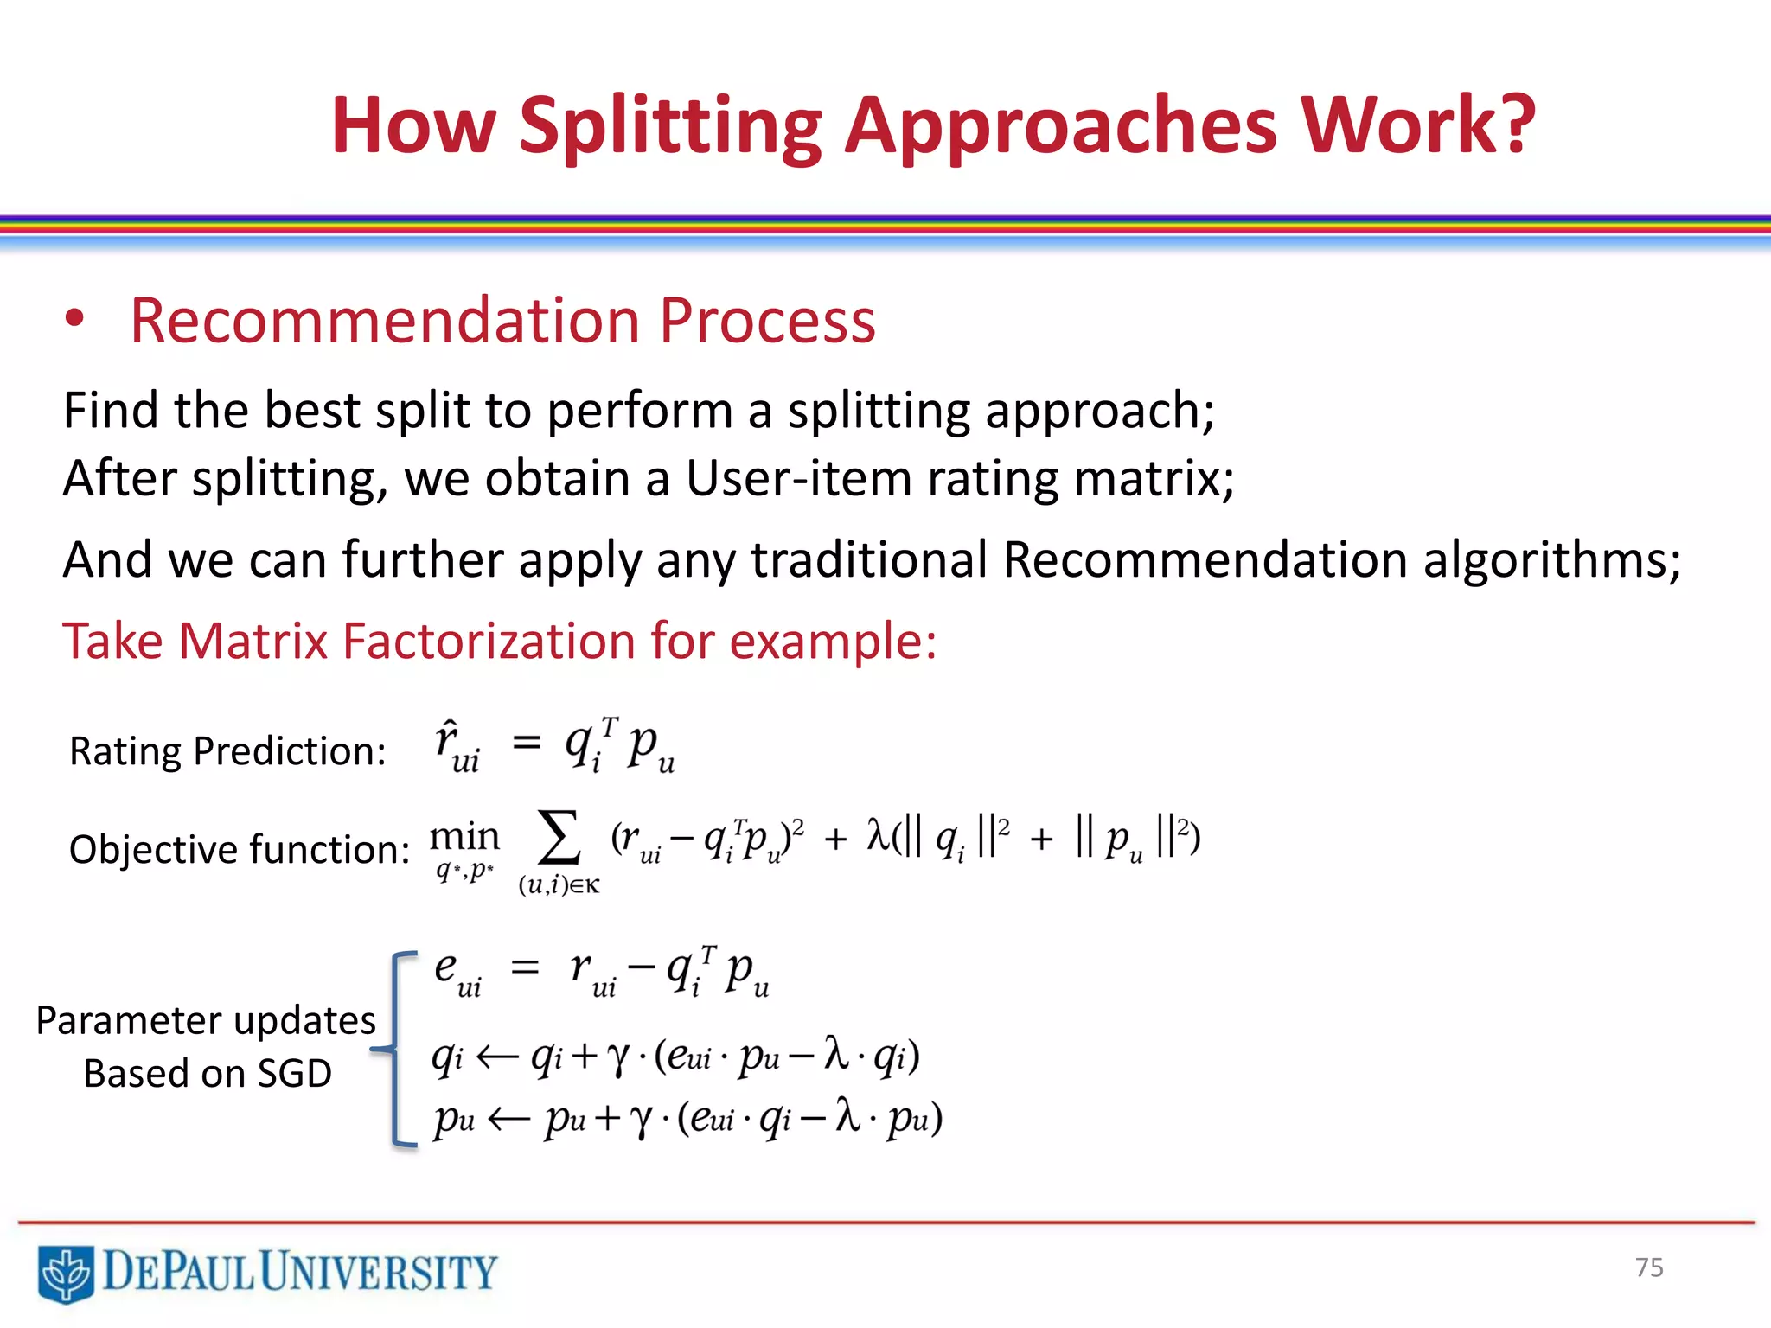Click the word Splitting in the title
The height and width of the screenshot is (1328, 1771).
click(x=669, y=127)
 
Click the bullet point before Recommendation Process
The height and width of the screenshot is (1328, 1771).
click(x=75, y=319)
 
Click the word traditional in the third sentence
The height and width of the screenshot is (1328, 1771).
click(x=868, y=559)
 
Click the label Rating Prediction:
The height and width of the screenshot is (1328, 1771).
click(x=227, y=750)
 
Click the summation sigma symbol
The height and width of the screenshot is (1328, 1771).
click(x=559, y=838)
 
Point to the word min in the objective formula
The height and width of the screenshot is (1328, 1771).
click(x=464, y=837)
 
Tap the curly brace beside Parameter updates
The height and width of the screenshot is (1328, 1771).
click(x=394, y=1050)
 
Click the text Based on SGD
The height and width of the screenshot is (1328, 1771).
click(x=208, y=1074)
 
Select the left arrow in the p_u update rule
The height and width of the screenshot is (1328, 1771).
click(x=508, y=1120)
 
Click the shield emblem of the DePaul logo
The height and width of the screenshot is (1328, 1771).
click(x=66, y=1274)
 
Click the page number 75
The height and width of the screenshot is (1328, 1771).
click(x=1649, y=1267)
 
